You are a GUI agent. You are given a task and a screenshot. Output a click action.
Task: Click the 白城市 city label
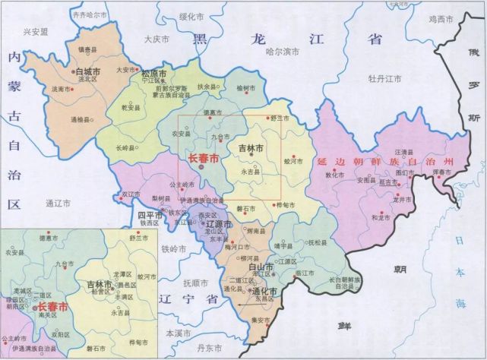click(x=91, y=71)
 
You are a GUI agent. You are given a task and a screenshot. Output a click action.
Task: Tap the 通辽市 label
click(x=58, y=203)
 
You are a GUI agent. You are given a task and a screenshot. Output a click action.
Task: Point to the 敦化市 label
click(x=335, y=175)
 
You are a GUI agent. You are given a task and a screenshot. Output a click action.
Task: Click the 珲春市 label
click(x=441, y=173)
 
